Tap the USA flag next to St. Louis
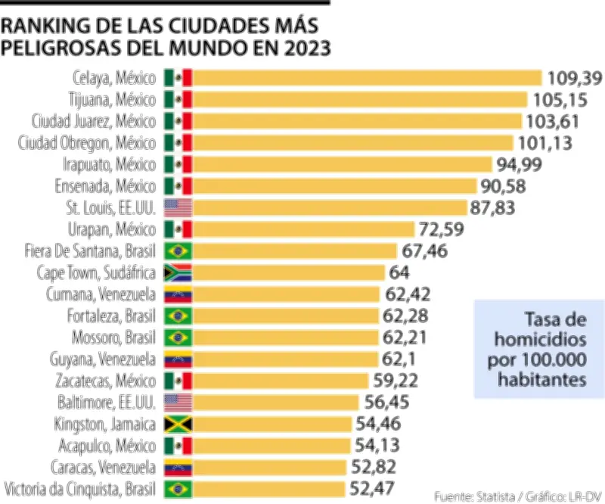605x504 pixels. [x=178, y=208]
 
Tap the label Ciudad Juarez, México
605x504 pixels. [x=94, y=121]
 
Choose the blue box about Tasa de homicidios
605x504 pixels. [x=538, y=349]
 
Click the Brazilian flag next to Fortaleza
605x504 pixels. [x=178, y=316]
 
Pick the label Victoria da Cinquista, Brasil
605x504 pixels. [x=81, y=488]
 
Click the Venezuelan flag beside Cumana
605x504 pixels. [x=178, y=294]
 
